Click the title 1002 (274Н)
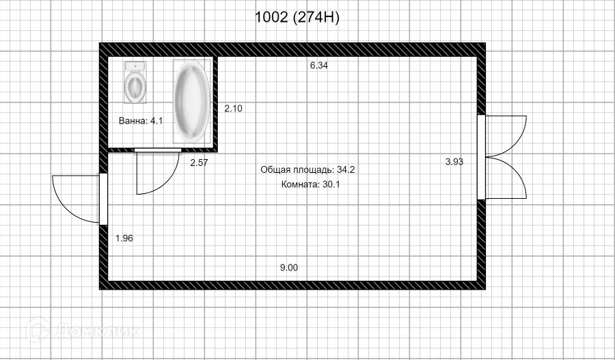click(x=297, y=18)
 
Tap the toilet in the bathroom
click(x=135, y=83)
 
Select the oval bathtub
click(x=191, y=101)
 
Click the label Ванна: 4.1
click(x=141, y=121)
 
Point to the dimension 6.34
click(x=319, y=66)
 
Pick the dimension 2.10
click(x=234, y=108)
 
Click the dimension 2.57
click(x=199, y=163)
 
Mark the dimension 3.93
click(x=454, y=162)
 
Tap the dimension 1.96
click(x=124, y=238)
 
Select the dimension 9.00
click(x=288, y=268)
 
